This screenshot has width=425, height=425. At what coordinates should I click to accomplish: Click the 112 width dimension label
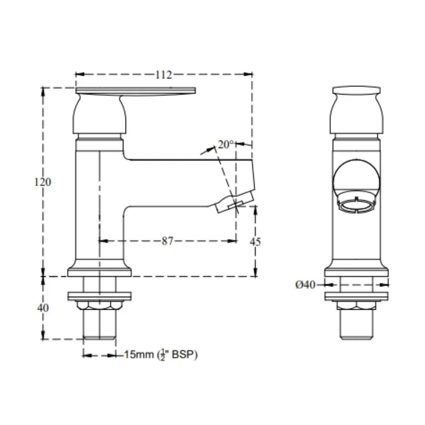click(x=163, y=75)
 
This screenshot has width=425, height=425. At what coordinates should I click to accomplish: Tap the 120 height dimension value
click(x=43, y=182)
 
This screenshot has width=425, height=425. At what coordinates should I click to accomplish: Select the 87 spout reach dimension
click(x=167, y=241)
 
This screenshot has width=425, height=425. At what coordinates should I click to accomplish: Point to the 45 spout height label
click(x=255, y=242)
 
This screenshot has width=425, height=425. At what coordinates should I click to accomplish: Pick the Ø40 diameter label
click(x=305, y=285)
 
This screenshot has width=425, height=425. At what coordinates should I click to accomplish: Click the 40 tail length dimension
click(x=43, y=308)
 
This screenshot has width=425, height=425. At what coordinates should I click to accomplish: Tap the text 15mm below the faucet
click(x=139, y=355)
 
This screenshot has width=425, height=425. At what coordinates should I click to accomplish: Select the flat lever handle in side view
click(x=135, y=91)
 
